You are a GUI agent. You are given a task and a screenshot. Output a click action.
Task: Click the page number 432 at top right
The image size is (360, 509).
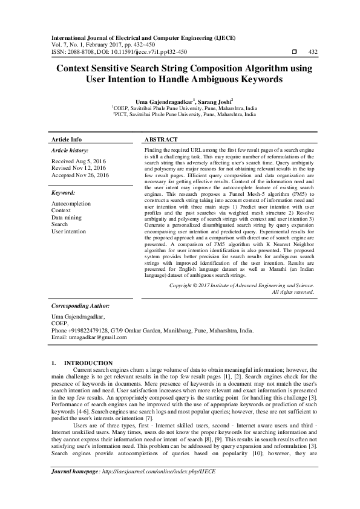pyautogui.click(x=313, y=52)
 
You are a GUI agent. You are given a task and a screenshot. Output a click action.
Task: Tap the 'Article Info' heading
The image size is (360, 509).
pyautogui.click(x=67, y=139)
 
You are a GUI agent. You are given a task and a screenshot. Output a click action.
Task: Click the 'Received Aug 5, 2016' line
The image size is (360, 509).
pyautogui.click(x=77, y=162)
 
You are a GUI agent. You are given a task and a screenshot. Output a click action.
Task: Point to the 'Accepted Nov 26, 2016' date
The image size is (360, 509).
pyautogui.click(x=80, y=175)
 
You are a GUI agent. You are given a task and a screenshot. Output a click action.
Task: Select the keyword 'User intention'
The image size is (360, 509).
pyautogui.click(x=69, y=231)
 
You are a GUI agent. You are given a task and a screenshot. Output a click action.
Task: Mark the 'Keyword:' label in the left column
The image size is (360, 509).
pyautogui.click(x=63, y=193)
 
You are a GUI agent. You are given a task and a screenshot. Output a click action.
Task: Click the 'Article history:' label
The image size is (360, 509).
pyautogui.click(x=70, y=150)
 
